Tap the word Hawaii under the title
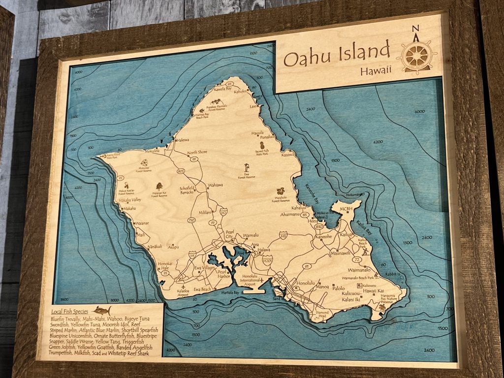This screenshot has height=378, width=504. (376, 70)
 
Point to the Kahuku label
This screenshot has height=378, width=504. (240, 91)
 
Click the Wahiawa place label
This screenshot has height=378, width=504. (216, 185)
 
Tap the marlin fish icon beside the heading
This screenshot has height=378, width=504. (102, 311)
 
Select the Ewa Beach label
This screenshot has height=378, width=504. (202, 289)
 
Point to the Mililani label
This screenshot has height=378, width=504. (205, 213)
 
